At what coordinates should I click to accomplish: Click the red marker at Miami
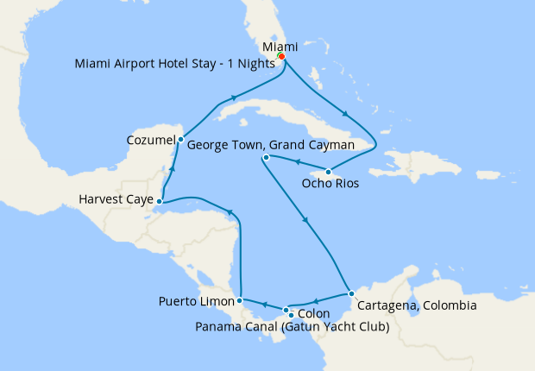[281, 57]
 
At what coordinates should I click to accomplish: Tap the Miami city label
[280, 46]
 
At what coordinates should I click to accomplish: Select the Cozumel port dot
[180, 139]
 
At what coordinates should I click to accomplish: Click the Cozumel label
[150, 140]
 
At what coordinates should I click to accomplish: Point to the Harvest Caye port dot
[160, 202]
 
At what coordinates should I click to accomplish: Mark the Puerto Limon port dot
[239, 301]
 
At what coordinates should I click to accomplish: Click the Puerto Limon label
[197, 302]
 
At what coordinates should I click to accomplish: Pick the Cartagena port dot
[350, 294]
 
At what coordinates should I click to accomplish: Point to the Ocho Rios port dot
[328, 172]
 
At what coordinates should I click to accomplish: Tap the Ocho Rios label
[330, 184]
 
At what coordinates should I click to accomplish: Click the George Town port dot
[266, 158]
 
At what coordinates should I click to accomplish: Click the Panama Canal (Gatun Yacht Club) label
[293, 327]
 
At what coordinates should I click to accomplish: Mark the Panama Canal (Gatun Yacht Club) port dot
[291, 316]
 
